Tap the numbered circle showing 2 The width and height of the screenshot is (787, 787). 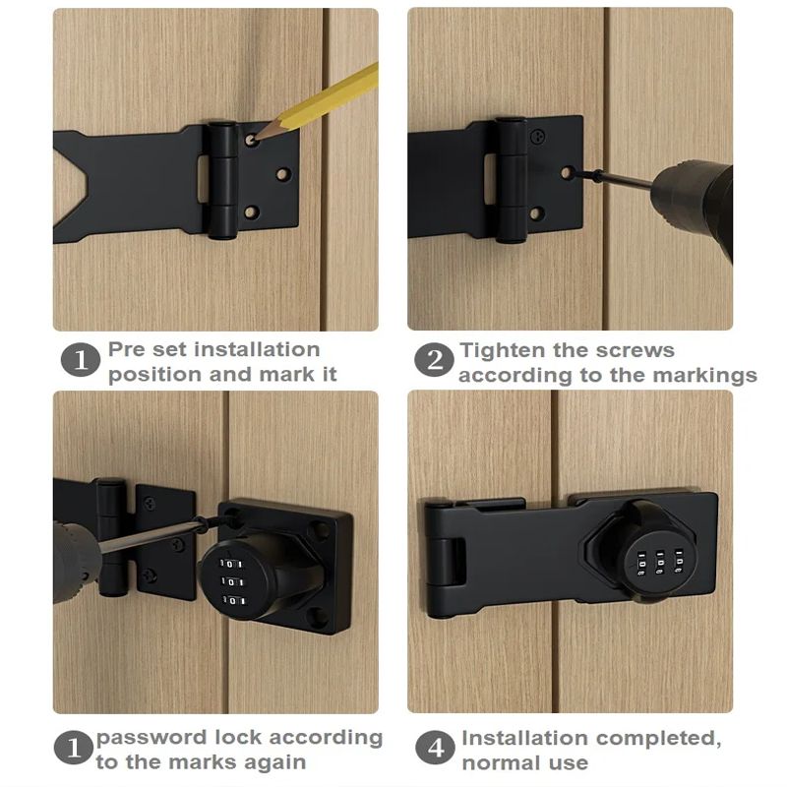point(434,360)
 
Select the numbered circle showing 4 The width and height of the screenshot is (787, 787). point(436,748)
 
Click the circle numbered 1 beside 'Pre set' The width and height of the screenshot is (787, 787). point(81,360)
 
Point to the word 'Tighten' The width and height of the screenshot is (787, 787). point(502,350)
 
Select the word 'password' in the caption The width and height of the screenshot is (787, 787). point(151,739)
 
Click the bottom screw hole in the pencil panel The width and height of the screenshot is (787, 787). point(251,212)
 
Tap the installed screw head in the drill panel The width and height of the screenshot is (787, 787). point(538,136)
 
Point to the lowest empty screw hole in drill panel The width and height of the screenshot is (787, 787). point(536,214)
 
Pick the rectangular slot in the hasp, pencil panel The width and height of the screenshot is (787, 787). point(203,179)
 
